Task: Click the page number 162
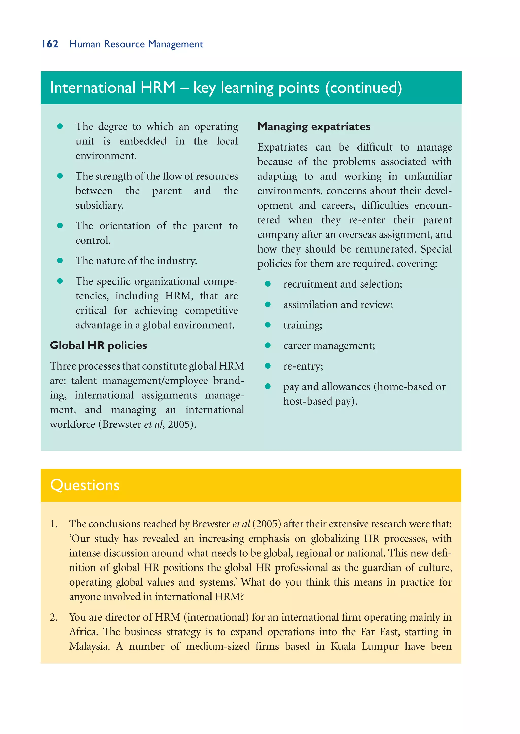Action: pyautogui.click(x=50, y=44)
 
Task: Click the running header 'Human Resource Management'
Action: pyautogui.click(x=136, y=44)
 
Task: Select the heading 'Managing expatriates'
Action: pyautogui.click(x=314, y=126)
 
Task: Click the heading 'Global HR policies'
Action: pyautogui.click(x=98, y=345)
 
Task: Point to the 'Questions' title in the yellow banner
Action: pyautogui.click(x=85, y=485)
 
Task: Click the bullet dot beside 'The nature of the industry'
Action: pyautogui.click(x=60, y=261)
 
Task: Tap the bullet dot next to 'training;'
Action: pyautogui.click(x=268, y=325)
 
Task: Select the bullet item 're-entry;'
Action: pyautogui.click(x=303, y=366)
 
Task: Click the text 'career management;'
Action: pyautogui.click(x=329, y=346)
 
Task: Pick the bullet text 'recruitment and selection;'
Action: pyautogui.click(x=343, y=284)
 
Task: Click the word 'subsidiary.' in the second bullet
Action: pyautogui.click(x=99, y=205)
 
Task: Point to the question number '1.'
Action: pyautogui.click(x=54, y=524)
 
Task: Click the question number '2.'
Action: pyautogui.click(x=54, y=618)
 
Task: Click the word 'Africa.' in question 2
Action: pyautogui.click(x=84, y=632)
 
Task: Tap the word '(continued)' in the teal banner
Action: pyautogui.click(x=363, y=88)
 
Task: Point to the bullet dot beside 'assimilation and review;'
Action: pyautogui.click(x=268, y=304)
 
